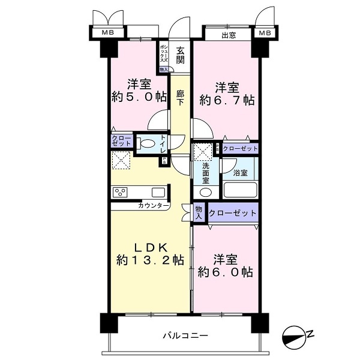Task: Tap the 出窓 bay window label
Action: (229, 35)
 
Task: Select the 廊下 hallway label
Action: (181, 98)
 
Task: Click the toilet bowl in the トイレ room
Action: (146, 143)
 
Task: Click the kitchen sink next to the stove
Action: (158, 193)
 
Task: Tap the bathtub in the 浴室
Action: (239, 191)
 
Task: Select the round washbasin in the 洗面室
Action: (205, 192)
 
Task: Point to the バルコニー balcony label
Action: (185, 335)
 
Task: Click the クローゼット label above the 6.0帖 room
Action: (234, 213)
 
